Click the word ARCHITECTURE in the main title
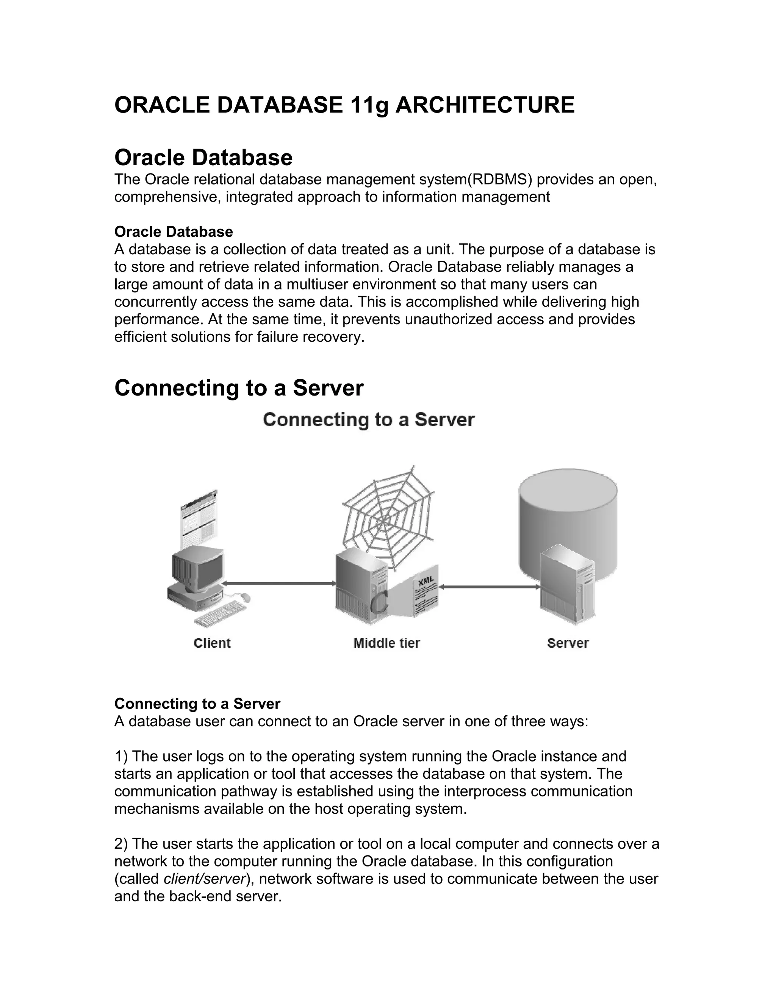(x=485, y=105)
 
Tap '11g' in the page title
(x=369, y=105)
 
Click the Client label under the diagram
(x=212, y=643)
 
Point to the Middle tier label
(x=386, y=643)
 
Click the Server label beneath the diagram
(x=568, y=643)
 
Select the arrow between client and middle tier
(x=279, y=583)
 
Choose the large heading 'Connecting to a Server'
(x=239, y=388)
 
